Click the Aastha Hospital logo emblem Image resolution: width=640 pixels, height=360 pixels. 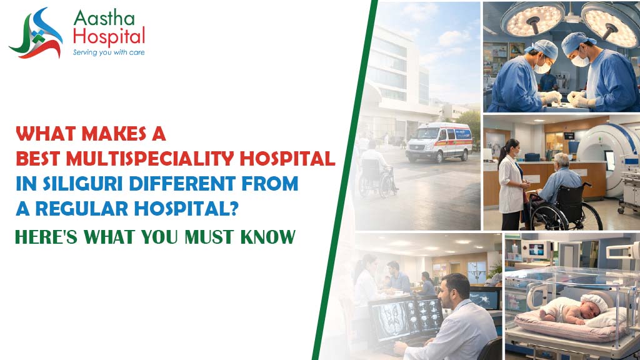tap(36, 34)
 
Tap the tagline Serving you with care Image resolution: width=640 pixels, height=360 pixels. tap(109, 52)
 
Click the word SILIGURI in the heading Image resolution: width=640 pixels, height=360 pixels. tap(83, 184)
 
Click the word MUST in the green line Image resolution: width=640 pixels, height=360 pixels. tap(210, 237)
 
